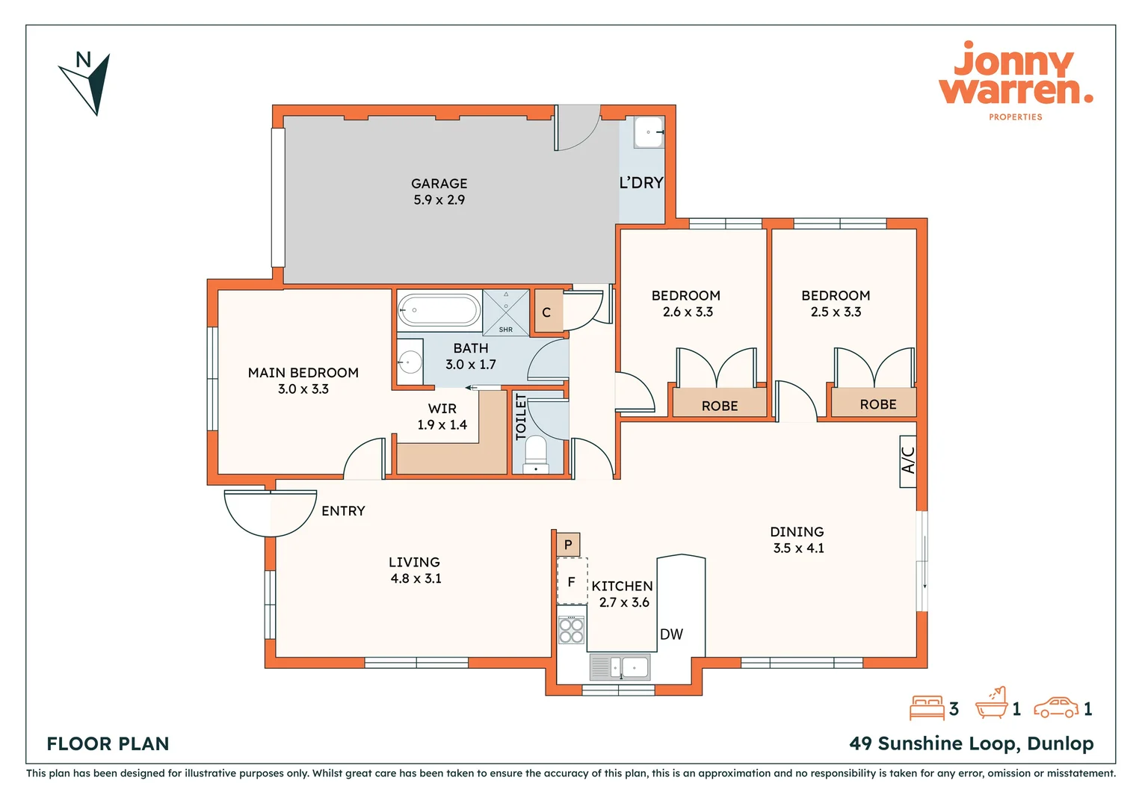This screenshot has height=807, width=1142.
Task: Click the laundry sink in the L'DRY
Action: pyautogui.click(x=648, y=132)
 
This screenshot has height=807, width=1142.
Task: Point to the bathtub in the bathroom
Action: pyautogui.click(x=439, y=310)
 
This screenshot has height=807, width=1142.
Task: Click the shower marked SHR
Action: pyautogui.click(x=506, y=312)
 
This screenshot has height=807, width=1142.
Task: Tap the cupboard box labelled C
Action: pyautogui.click(x=547, y=312)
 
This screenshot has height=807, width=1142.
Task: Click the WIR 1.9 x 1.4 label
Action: pyautogui.click(x=442, y=417)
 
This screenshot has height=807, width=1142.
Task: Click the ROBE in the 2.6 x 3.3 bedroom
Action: pyautogui.click(x=720, y=404)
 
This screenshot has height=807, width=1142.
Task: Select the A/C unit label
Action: pyautogui.click(x=908, y=460)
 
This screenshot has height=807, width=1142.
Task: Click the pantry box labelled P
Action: pyautogui.click(x=568, y=545)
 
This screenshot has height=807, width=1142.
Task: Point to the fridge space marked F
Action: pyautogui.click(x=572, y=581)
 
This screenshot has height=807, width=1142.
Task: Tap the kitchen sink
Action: pyautogui.click(x=621, y=667)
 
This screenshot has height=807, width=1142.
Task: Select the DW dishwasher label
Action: pyautogui.click(x=671, y=634)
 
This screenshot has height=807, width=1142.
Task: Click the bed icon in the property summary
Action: pyautogui.click(x=928, y=708)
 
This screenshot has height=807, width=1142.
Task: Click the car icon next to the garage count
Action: pyautogui.click(x=1056, y=708)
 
